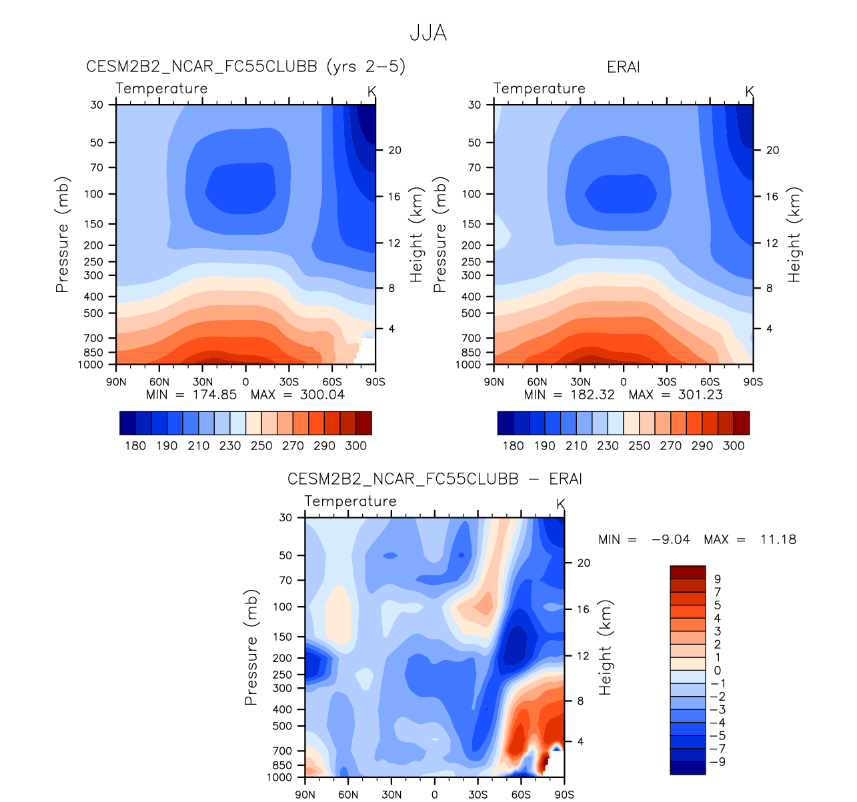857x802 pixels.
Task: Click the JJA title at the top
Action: tap(427, 33)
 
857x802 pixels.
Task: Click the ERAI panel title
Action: tap(623, 67)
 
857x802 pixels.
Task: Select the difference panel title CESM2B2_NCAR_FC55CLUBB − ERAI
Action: tap(434, 479)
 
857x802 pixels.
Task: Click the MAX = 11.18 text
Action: tap(750, 539)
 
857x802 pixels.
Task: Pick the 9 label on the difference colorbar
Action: tap(718, 579)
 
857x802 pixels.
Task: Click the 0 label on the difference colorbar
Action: tap(718, 671)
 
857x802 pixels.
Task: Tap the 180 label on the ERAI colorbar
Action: tap(513, 446)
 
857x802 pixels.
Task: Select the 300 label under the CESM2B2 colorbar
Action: tap(356, 446)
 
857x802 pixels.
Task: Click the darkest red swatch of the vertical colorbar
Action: tap(687, 573)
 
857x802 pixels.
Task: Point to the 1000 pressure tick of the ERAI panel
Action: tap(468, 365)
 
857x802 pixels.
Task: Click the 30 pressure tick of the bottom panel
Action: tap(285, 517)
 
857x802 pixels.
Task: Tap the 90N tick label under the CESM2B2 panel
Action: tap(116, 382)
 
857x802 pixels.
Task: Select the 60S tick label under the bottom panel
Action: tap(521, 795)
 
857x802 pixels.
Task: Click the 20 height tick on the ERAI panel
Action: tap(772, 151)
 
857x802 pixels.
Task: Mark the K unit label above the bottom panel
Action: tap(560, 505)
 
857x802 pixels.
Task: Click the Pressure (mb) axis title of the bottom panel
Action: tap(251, 647)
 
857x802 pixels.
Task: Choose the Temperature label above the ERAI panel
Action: tap(539, 89)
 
